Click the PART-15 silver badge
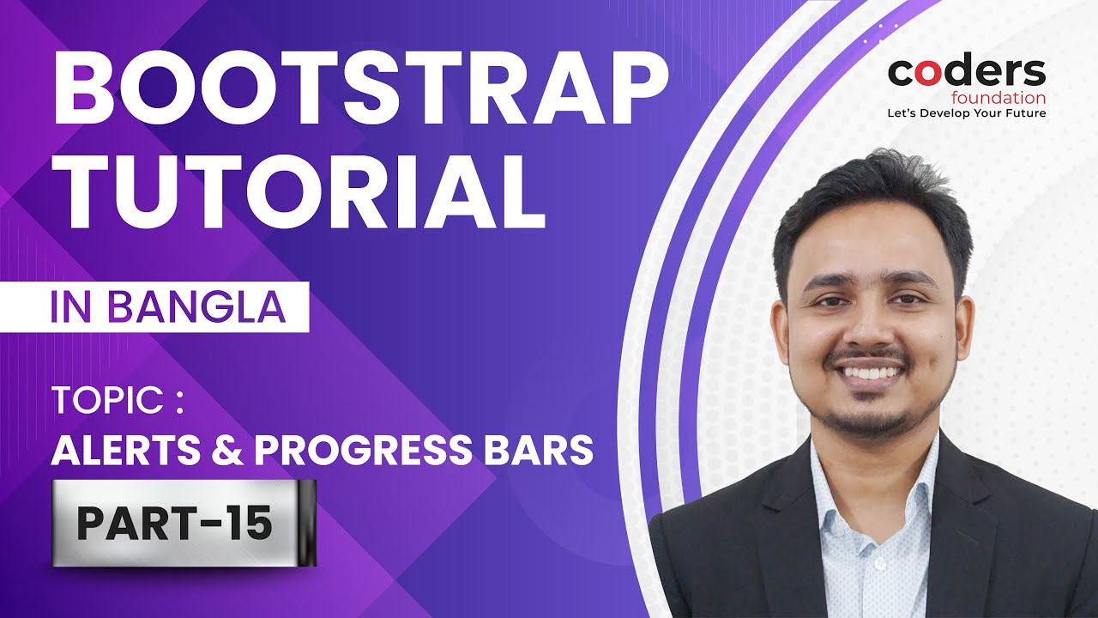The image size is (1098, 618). click(184, 523)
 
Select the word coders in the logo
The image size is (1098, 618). click(966, 73)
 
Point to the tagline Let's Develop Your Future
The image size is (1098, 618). click(966, 113)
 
